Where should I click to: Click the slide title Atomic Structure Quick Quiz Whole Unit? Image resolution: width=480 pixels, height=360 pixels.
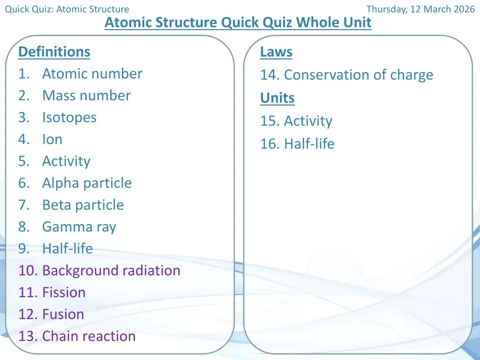pos(238,22)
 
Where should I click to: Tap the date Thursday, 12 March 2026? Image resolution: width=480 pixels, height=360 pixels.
pos(420,9)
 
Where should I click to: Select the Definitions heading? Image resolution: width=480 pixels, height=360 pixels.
pos(54,52)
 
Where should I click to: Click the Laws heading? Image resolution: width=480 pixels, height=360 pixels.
pos(276,52)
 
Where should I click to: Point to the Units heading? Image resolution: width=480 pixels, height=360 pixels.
pos(277,98)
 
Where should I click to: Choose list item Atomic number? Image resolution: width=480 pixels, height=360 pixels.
pos(92,74)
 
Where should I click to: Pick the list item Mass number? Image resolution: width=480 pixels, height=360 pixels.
pos(86,96)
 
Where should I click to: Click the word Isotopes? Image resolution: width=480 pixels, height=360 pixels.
pos(69,118)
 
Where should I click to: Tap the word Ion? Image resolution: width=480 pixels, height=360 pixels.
pos(52,139)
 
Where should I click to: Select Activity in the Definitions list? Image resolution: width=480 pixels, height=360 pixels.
pos(66,161)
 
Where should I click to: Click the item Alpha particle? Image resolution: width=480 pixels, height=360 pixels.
pos(87,183)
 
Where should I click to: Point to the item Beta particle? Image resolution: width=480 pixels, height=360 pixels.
pos(83,205)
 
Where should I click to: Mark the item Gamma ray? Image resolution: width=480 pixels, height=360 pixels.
pos(79,227)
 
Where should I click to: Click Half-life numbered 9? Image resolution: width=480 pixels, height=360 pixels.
pos(67,248)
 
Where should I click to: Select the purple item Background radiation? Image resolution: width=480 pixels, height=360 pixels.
pos(111,270)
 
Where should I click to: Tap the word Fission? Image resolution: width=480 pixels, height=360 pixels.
pos(64,292)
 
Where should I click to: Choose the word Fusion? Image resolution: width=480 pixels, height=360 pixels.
pos(63,314)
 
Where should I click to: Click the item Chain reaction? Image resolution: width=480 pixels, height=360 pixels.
pos(89,336)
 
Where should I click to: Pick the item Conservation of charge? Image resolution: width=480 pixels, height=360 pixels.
pos(359,75)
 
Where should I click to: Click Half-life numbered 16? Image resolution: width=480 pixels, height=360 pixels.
pos(309,143)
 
